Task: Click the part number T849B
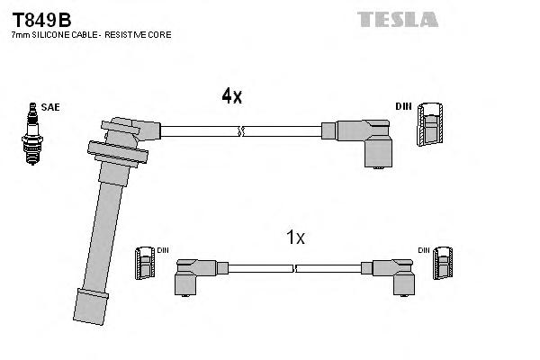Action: (40, 18)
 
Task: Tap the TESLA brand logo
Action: (397, 19)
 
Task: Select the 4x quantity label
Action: (231, 96)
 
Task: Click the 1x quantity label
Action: (295, 238)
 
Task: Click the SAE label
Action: (50, 106)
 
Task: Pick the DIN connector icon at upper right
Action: (433, 123)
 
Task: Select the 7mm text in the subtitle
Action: (21, 34)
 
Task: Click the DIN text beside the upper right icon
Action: (402, 107)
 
